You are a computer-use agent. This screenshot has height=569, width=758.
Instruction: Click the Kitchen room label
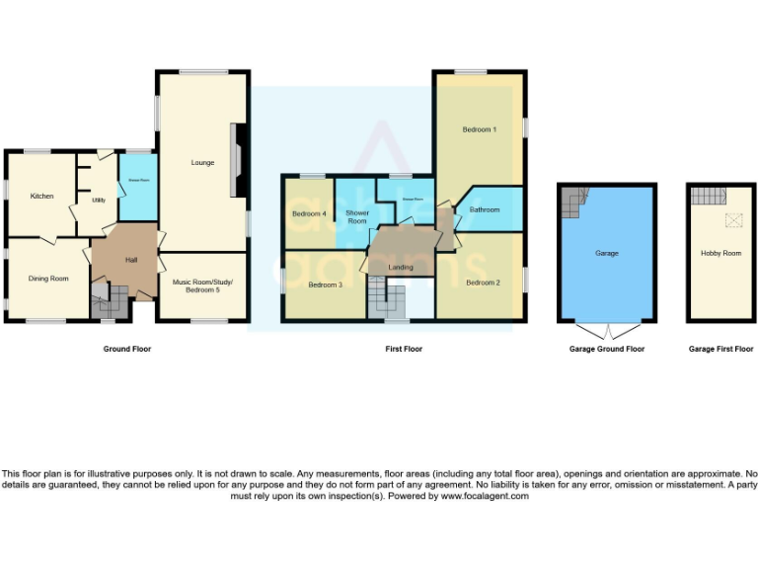(41, 196)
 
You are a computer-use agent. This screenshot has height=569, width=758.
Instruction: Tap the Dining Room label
(47, 279)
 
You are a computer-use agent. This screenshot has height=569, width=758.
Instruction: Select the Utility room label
(99, 201)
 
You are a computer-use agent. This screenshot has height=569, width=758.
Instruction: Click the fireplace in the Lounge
(236, 159)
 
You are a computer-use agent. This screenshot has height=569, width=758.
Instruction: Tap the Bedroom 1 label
(480, 129)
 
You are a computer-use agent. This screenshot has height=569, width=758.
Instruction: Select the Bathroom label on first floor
(485, 209)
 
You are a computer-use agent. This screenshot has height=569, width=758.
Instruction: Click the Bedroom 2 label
(483, 284)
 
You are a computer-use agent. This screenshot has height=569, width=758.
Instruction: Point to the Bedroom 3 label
(325, 284)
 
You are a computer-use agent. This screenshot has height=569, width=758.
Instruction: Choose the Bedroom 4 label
(309, 213)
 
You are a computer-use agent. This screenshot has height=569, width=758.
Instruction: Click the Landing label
(401, 267)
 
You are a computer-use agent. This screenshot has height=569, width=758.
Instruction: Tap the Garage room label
(606, 253)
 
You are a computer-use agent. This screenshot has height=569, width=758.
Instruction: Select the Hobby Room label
(720, 253)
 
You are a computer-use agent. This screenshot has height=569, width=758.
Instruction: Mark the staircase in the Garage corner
(573, 203)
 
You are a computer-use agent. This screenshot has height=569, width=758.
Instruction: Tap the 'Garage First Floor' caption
(720, 349)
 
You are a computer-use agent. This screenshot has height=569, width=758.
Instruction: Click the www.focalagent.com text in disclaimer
(484, 496)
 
